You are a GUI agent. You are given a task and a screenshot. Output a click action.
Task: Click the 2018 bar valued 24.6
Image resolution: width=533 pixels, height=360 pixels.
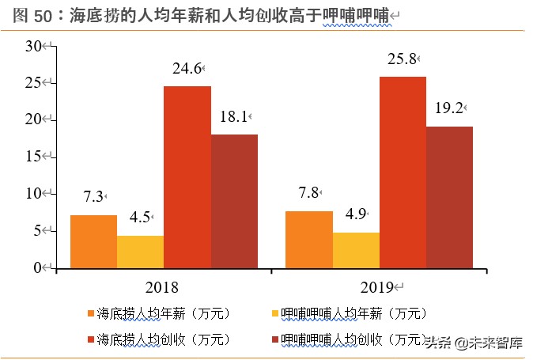[x=187, y=176]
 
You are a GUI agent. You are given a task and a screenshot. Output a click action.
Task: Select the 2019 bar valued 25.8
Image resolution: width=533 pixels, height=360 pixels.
[x=403, y=172]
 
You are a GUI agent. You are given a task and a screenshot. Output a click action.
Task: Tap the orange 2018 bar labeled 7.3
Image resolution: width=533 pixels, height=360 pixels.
[x=93, y=241]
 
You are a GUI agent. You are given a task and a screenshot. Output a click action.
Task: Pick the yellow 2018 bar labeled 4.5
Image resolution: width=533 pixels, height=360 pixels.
[x=140, y=252]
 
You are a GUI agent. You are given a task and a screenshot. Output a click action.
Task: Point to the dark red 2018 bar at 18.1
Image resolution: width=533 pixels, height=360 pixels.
[x=234, y=201]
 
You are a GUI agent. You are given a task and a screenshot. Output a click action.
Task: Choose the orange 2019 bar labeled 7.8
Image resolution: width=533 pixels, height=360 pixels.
[x=308, y=239]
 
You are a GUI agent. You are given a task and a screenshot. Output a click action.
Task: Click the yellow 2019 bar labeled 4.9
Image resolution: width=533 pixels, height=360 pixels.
[x=356, y=250]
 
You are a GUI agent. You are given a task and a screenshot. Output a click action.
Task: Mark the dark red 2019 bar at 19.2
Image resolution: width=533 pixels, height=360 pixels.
[x=449, y=197]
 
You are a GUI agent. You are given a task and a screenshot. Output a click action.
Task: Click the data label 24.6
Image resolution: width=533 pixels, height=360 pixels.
[x=187, y=69]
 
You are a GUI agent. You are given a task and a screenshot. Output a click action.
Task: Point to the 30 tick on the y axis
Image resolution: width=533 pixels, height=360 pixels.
[x=33, y=47]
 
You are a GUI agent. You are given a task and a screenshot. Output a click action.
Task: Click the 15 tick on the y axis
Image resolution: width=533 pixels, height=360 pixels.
[x=33, y=157]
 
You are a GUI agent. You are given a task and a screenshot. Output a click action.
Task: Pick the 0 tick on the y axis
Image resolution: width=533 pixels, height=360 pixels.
[x=36, y=267]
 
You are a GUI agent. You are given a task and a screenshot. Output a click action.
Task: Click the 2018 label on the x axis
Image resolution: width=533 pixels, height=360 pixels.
[x=162, y=286]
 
